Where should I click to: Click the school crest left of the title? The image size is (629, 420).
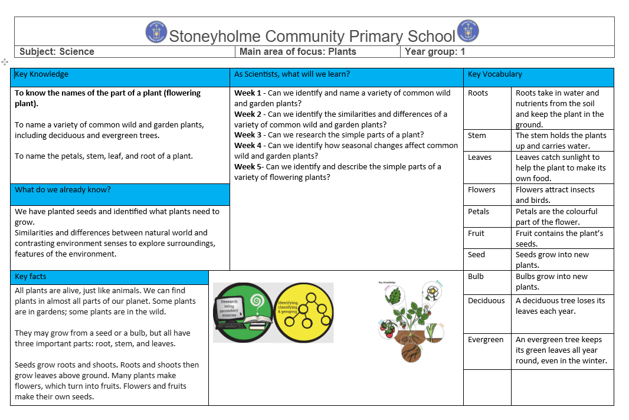[156, 32]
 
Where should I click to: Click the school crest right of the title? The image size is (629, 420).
[468, 31]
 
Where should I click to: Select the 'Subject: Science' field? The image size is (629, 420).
[57, 51]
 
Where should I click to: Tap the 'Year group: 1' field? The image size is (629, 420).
[435, 51]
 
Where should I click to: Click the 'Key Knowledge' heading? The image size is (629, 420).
[42, 74]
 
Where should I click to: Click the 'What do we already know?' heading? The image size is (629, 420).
[63, 190]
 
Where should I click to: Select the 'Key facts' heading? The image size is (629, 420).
[31, 277]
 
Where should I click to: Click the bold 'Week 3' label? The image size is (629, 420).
[248, 135]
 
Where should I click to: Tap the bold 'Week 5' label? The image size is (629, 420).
[248, 167]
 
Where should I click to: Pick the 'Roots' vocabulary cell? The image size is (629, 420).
[478, 93]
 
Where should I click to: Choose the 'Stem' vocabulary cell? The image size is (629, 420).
[477, 136]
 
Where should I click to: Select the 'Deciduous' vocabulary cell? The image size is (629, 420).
[486, 301]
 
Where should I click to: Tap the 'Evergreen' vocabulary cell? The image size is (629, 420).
[486, 340]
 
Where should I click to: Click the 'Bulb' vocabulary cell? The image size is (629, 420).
[476, 277]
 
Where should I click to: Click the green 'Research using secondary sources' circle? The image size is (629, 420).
[243, 313]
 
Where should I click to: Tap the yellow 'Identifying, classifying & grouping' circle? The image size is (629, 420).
[303, 313]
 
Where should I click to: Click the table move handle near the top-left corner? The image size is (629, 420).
[5, 61]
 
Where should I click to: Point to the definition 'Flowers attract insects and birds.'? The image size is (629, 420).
[555, 195]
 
